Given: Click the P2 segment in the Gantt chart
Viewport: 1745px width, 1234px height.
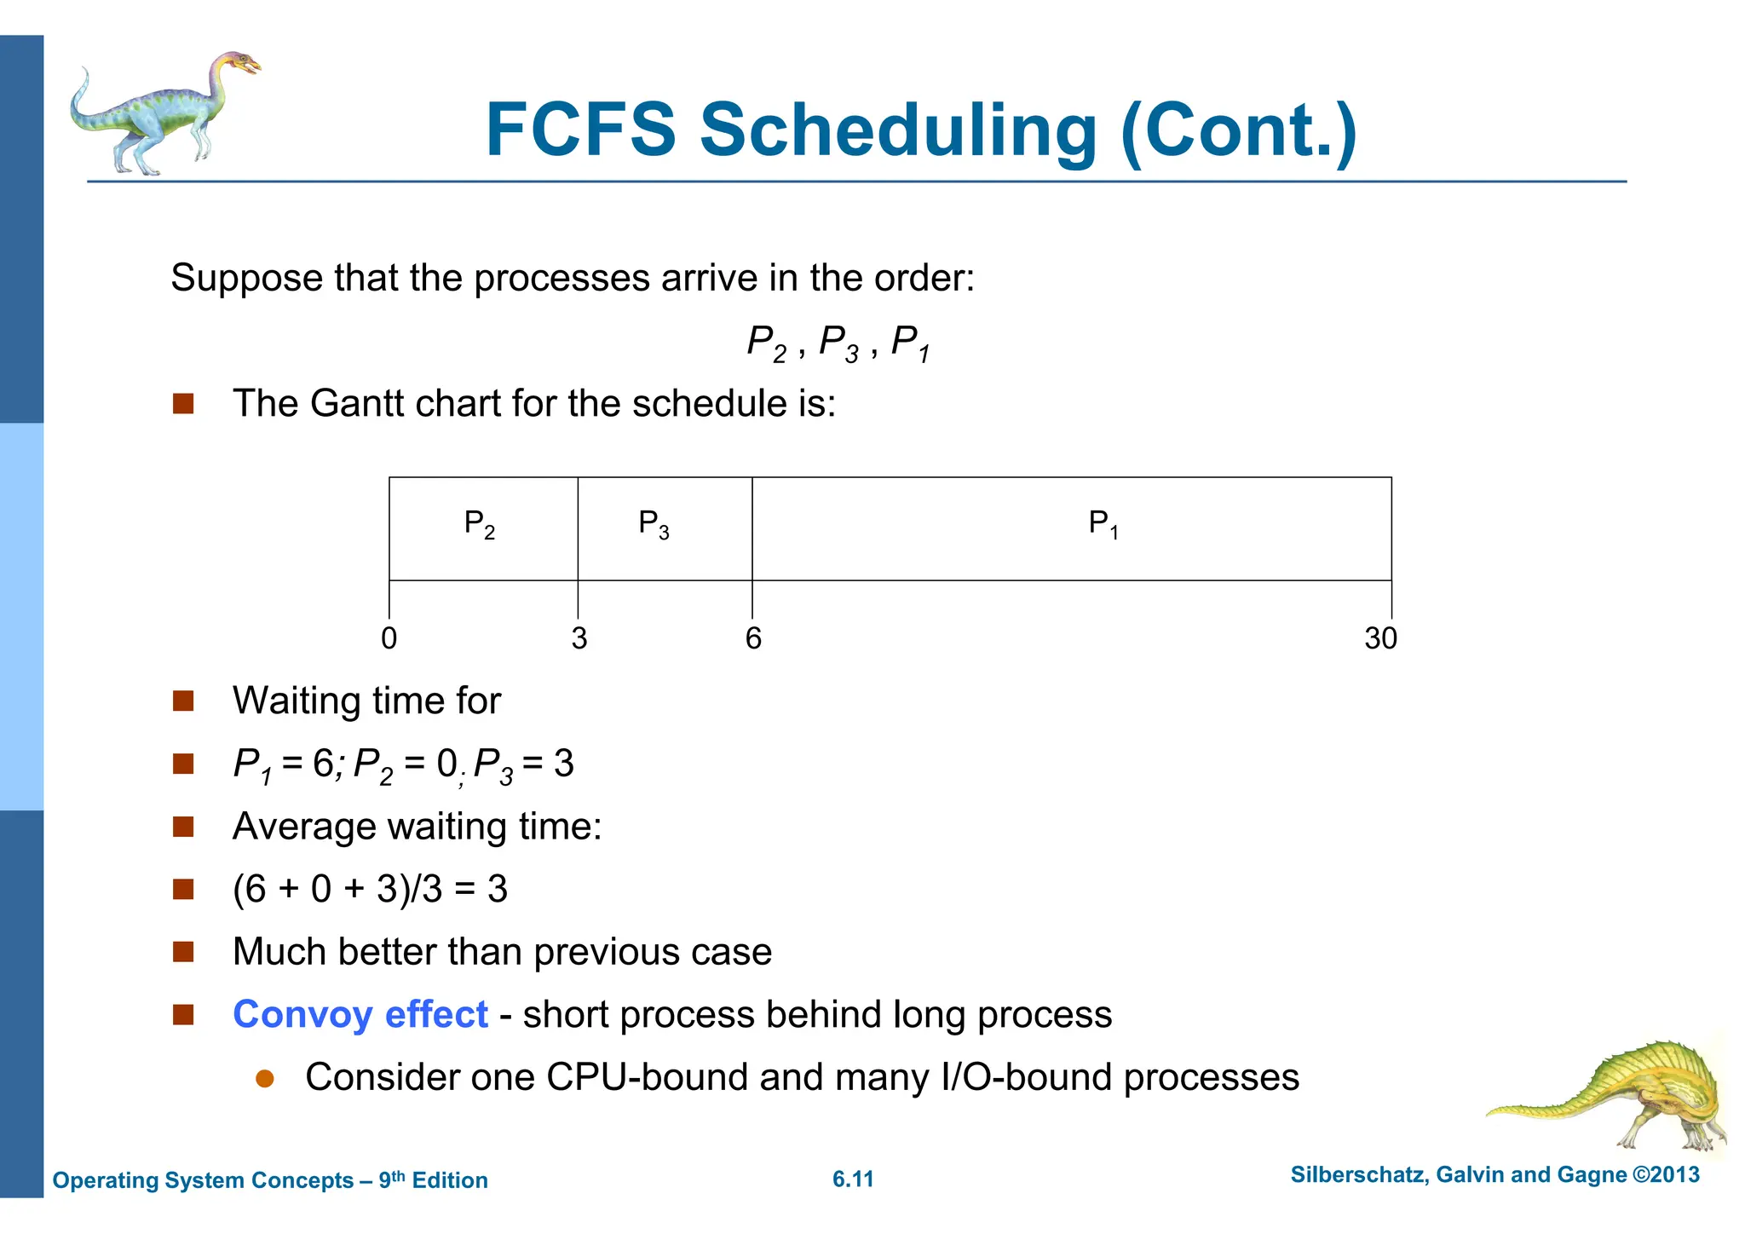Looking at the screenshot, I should (x=483, y=528).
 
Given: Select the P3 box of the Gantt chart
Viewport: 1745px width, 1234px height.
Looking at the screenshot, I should (x=665, y=528).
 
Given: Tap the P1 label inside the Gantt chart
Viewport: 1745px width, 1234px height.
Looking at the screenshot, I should (x=1103, y=523).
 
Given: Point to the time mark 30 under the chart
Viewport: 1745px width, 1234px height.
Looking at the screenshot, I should (x=1380, y=638).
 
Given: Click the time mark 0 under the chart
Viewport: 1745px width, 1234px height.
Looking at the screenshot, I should (x=389, y=638).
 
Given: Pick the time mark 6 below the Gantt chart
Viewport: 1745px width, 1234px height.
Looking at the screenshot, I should (x=753, y=638).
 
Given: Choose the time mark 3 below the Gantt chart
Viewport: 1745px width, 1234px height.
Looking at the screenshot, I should (x=579, y=638).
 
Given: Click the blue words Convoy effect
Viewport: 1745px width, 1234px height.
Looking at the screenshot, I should (x=360, y=1014).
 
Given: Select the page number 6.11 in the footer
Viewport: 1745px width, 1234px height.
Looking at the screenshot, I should (x=853, y=1179).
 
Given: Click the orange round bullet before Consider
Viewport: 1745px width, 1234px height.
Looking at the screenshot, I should (x=265, y=1079).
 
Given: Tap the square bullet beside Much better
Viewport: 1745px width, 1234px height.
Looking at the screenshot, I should (x=183, y=952).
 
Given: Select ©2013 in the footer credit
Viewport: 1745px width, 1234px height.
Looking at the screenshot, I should (x=1666, y=1175).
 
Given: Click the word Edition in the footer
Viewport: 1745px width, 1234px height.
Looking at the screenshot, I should (x=450, y=1180).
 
